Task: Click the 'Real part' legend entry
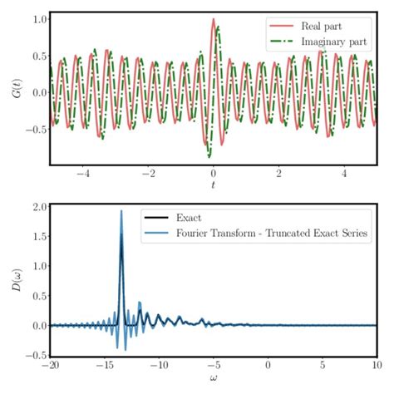coord(328,27)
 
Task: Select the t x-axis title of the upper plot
coord(213,185)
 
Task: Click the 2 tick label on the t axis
coord(278,175)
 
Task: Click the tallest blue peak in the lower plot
coord(121,211)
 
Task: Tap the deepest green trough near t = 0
coord(209,155)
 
